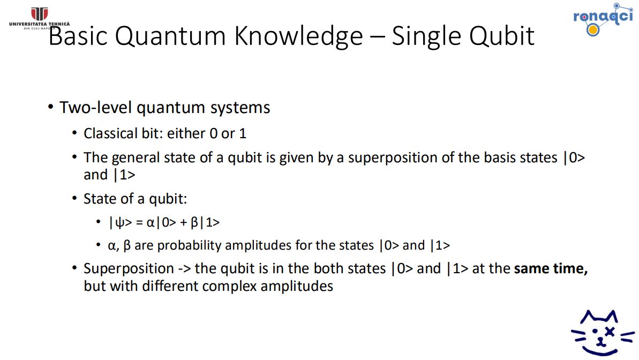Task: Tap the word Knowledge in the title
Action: (298, 36)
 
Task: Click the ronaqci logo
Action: (603, 19)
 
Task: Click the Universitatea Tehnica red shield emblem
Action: (40, 14)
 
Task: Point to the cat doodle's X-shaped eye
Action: (610, 332)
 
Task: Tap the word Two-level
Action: (96, 108)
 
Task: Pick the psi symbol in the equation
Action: (119, 223)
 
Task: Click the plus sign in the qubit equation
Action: (183, 223)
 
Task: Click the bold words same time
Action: (551, 268)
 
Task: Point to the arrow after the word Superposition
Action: (184, 269)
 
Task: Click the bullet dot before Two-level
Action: (50, 107)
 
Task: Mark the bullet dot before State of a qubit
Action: (74, 199)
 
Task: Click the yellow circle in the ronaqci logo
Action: (593, 29)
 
